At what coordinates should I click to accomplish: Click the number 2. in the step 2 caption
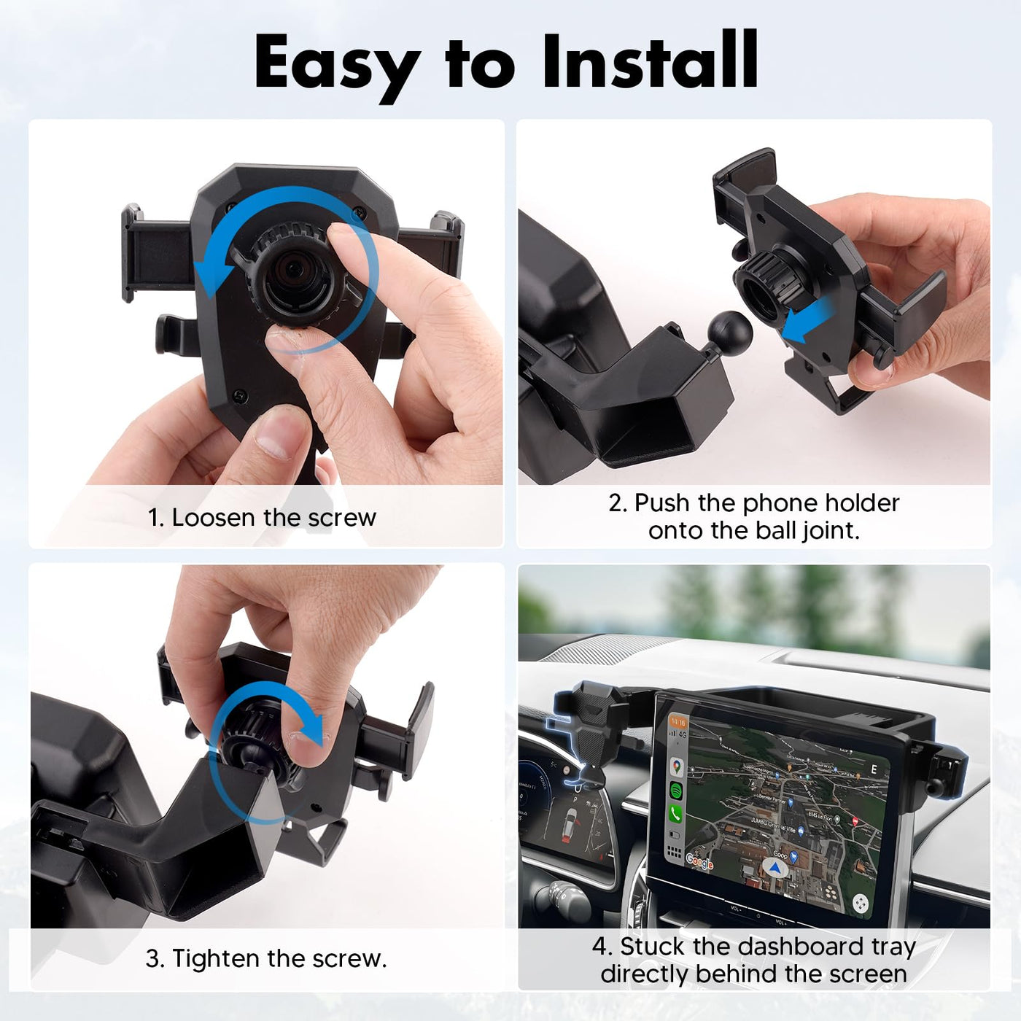coord(617,503)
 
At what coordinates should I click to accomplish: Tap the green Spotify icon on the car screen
coord(677,791)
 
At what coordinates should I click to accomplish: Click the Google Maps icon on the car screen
coord(677,767)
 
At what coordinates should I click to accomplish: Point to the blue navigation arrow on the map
coord(776,868)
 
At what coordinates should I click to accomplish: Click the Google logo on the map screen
coord(699,862)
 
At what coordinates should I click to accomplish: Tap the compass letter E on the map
coord(874,769)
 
